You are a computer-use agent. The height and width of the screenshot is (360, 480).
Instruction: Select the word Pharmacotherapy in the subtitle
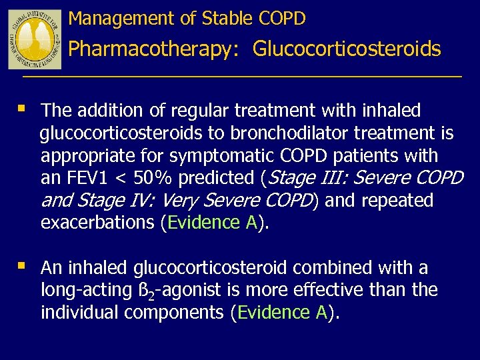pyautogui.click(x=150, y=49)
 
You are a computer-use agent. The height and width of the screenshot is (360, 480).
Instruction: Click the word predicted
pyautogui.click(x=216, y=179)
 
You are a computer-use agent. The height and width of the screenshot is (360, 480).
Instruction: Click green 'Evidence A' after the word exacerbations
pyautogui.click(x=213, y=223)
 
